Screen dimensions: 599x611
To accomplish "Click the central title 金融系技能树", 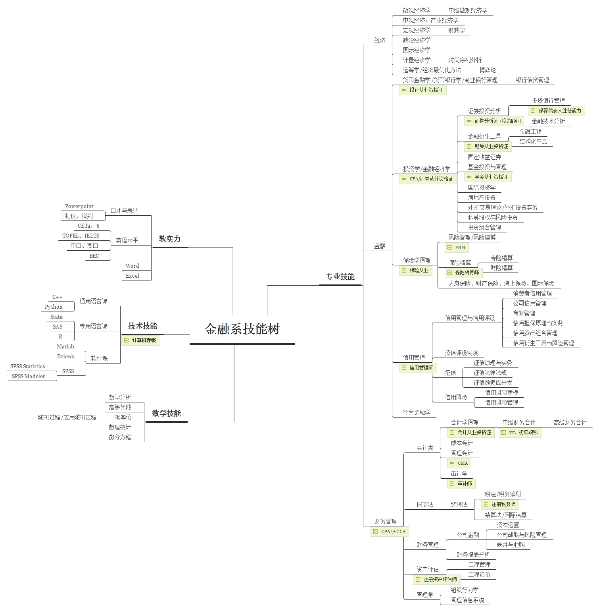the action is pos(242,329).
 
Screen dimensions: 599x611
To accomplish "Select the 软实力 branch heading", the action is pos(170,239).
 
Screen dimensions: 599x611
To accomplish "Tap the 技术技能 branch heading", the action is pos(142,326).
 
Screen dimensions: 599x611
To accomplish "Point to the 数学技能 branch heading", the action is pos(166,413).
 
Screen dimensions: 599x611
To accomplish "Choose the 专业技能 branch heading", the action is pos(340,276).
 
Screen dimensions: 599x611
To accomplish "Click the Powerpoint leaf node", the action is pos(79,206).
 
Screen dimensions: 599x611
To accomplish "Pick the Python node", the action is pos(54,307).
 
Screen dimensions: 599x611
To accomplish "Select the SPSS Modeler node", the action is pos(29,376).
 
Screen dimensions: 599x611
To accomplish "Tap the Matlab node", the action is pos(65,346).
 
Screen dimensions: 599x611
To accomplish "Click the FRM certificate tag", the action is pos(457,247).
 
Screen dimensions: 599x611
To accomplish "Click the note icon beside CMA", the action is pos(452,463).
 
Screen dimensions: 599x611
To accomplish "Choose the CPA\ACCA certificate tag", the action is pos(390,532).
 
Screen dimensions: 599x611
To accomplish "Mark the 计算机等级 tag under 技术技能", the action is pos(140,340).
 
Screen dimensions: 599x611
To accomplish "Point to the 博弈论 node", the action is pos(488,70).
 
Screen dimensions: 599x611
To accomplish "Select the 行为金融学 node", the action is pos(417,412).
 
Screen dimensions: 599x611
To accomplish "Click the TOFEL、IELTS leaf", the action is pos(81,236).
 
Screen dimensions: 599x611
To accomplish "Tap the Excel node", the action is pos(132,276).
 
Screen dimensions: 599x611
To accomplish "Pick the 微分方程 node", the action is pos(120,437).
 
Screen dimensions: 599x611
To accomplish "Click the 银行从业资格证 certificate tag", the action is pos(423,90).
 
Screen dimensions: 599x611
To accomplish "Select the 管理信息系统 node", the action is pos(467,600).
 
